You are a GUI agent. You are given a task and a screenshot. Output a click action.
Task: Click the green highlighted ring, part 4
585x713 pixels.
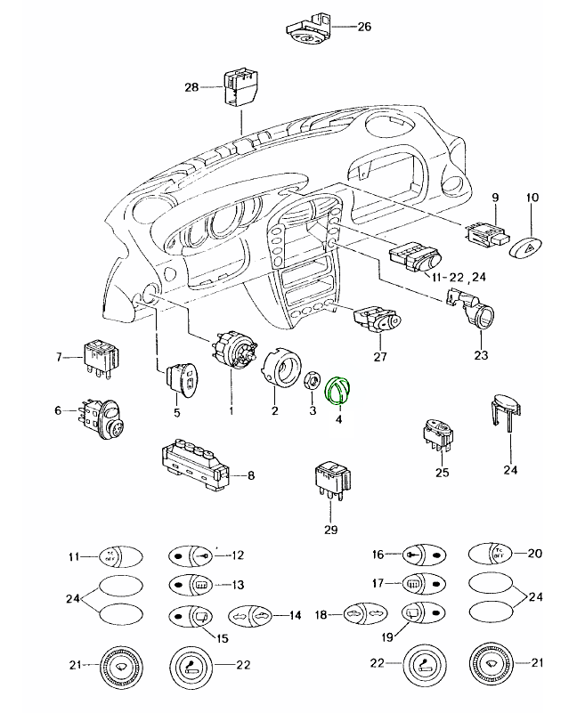[341, 390]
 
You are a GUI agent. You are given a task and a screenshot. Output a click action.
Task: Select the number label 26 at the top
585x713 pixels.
[362, 27]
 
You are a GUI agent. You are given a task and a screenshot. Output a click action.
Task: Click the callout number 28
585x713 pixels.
[191, 87]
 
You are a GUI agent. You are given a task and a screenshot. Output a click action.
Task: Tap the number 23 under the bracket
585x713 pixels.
[481, 356]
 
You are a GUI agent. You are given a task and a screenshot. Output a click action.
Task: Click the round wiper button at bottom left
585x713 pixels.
[112, 665]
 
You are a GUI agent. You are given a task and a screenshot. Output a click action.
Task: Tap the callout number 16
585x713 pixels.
[378, 555]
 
